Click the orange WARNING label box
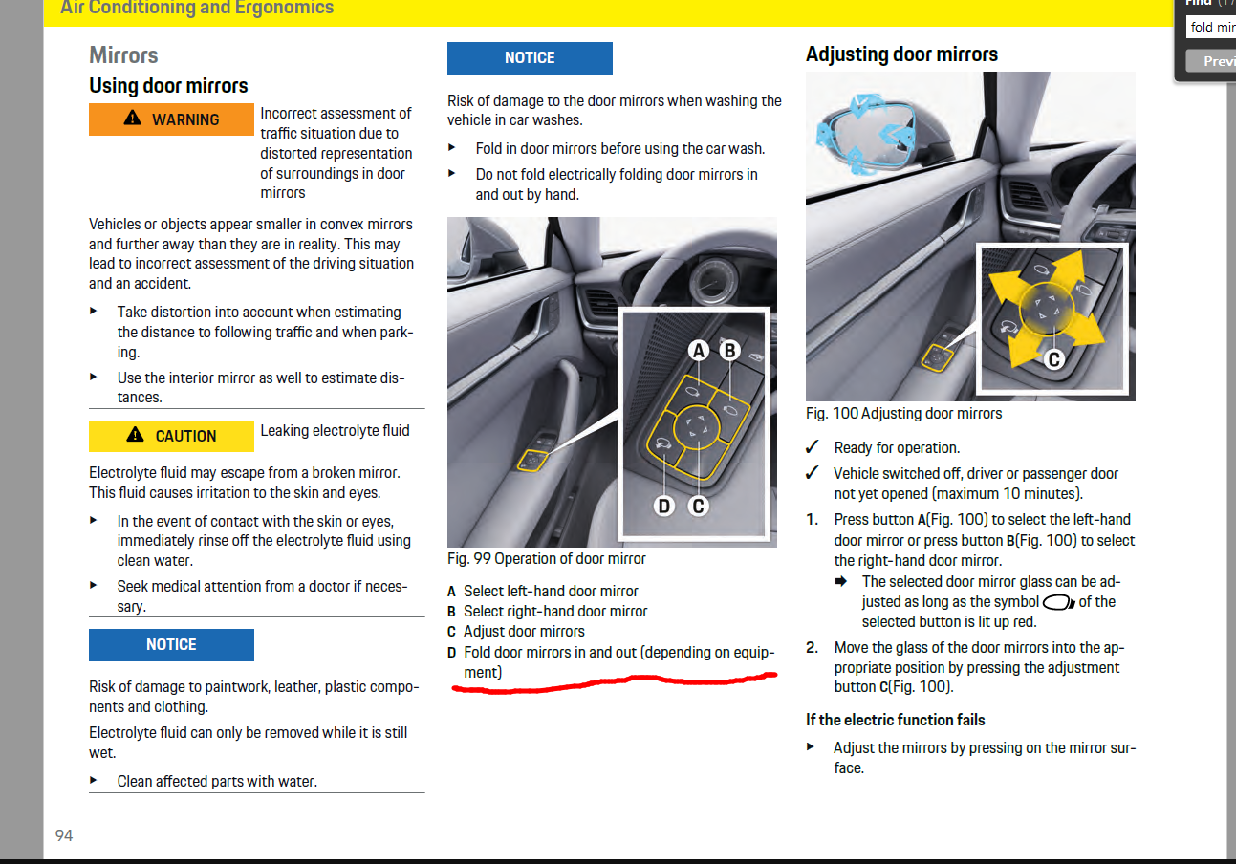pos(171,119)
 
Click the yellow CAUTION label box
pos(171,436)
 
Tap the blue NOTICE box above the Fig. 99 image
pos(530,58)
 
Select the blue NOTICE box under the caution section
pos(171,645)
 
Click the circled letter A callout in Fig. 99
pos(699,351)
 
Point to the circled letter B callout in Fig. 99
pos(729,351)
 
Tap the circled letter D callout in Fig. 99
pos(664,506)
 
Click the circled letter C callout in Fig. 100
pos(1053,359)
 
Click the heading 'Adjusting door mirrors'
pos(901,54)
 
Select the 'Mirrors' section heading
pos(123,54)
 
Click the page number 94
pos(64,835)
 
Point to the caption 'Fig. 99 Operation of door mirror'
pos(547,559)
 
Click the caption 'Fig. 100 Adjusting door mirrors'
pos(904,414)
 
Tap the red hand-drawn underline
pos(612,682)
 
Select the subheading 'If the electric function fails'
pos(895,720)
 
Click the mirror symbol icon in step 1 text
pos(1058,603)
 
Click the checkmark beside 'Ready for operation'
pos(813,447)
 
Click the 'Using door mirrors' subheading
pos(168,86)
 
